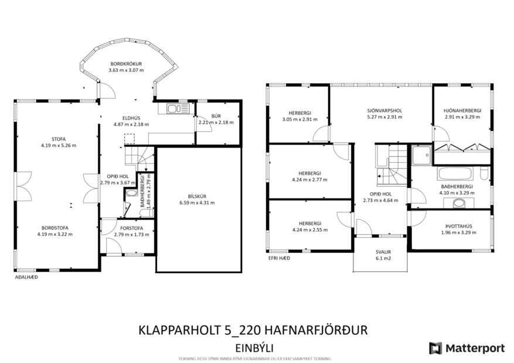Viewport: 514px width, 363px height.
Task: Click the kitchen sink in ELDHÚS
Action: click(176, 108)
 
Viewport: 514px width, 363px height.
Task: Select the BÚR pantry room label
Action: click(216, 116)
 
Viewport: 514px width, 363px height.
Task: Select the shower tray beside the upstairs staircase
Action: click(420, 155)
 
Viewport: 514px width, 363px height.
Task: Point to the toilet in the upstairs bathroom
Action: click(484, 174)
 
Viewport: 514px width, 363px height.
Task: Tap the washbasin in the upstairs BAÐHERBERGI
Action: click(461, 203)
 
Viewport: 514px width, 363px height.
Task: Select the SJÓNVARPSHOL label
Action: click(380, 110)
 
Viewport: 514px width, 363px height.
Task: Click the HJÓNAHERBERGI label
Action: click(462, 110)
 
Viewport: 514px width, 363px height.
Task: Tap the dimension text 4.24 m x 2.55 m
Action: click(310, 230)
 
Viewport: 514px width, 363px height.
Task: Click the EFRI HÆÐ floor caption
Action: click(279, 258)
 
